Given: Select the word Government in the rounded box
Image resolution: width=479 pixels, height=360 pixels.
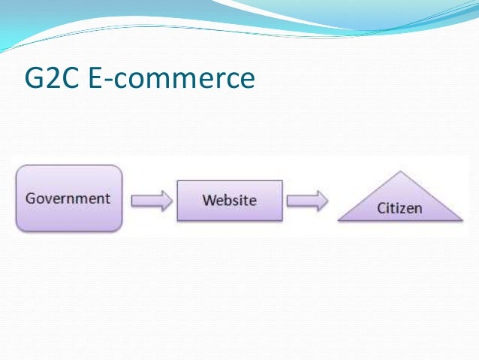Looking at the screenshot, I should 68,198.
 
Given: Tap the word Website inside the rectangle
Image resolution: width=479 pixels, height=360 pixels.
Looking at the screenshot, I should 229,200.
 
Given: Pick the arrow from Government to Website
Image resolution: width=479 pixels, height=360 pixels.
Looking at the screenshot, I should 152,201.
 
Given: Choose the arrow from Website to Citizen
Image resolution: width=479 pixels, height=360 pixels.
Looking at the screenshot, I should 308,201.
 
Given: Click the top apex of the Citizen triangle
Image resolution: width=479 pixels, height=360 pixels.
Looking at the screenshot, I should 401,172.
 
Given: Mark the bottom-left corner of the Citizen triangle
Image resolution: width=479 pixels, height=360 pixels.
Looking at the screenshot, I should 339,221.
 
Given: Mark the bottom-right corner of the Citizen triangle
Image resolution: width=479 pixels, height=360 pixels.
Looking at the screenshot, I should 462,221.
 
